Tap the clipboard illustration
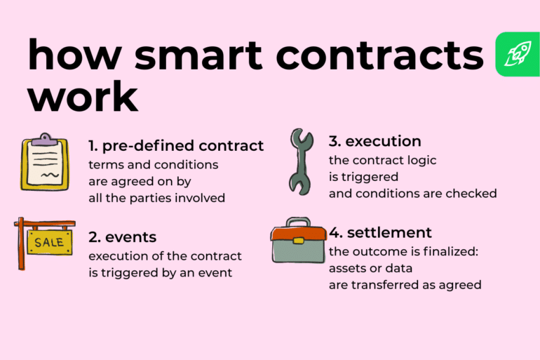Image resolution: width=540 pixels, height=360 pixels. [x=45, y=163]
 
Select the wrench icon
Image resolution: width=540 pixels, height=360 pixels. [x=302, y=161]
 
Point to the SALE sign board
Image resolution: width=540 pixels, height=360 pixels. [x=50, y=243]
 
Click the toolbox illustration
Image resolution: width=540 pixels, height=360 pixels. [x=299, y=243]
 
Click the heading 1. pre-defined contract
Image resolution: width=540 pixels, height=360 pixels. [x=176, y=146]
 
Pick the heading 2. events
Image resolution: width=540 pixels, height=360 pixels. [x=122, y=237]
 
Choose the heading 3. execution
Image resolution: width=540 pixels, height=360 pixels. [x=374, y=141]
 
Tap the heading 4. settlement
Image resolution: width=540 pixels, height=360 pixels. [x=380, y=232]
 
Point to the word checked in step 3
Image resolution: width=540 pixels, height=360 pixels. [x=471, y=193]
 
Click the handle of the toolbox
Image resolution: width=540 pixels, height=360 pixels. [x=298, y=222]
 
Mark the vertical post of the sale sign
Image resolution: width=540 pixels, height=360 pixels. [x=21, y=245]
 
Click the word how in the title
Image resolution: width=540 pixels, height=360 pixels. [x=62, y=55]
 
